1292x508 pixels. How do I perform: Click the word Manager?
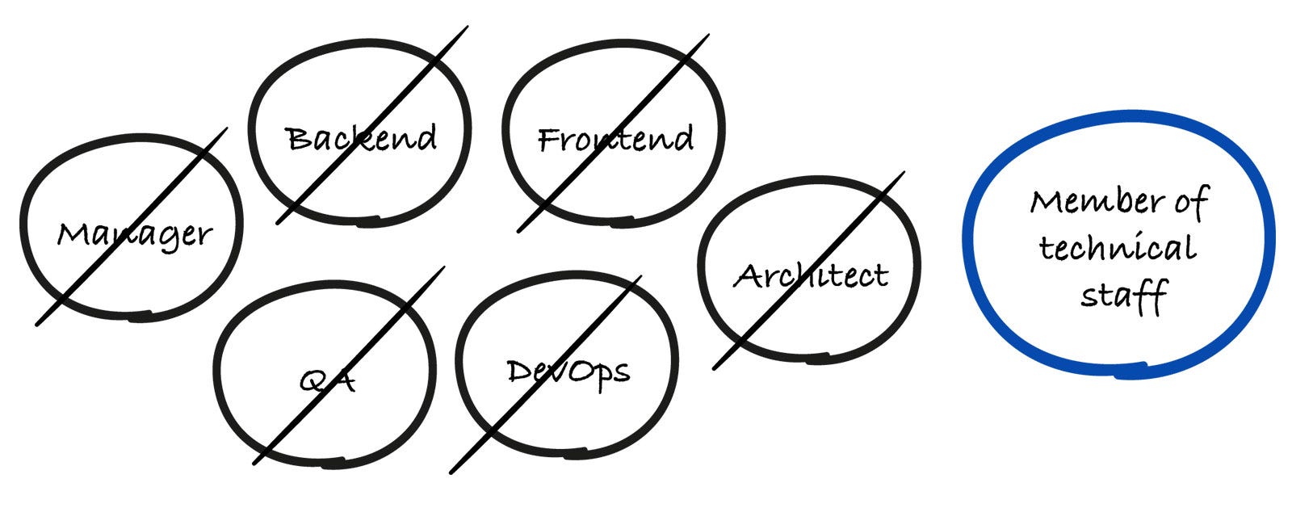(134, 235)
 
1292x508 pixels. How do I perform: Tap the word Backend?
(361, 138)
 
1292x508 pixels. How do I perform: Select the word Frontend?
(615, 139)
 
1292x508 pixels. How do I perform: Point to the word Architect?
(811, 276)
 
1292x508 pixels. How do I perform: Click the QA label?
(328, 380)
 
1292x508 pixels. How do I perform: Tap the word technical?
(1117, 248)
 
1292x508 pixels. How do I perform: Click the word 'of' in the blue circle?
(1191, 201)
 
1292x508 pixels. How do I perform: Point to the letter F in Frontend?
(551, 140)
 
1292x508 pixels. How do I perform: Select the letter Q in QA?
(313, 380)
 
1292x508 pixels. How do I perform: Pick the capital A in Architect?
(749, 277)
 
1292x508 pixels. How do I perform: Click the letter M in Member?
(1047, 201)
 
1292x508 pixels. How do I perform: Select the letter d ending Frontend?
(682, 138)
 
